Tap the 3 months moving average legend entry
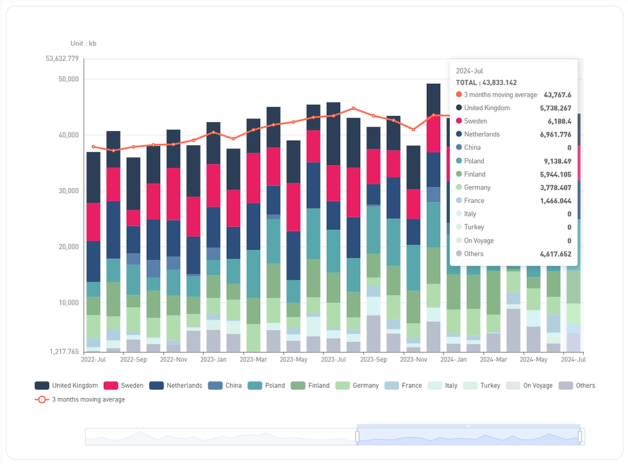(x=88, y=399)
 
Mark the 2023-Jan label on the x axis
(x=213, y=360)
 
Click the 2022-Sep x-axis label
(x=133, y=360)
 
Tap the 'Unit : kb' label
(x=83, y=44)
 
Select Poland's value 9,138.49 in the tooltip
(x=556, y=161)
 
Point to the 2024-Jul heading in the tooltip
(x=470, y=70)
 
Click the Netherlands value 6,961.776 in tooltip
(x=556, y=134)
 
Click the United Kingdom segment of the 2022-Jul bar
(x=93, y=177)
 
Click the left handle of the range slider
(x=357, y=436)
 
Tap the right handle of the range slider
(x=580, y=436)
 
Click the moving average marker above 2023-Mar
(x=254, y=130)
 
